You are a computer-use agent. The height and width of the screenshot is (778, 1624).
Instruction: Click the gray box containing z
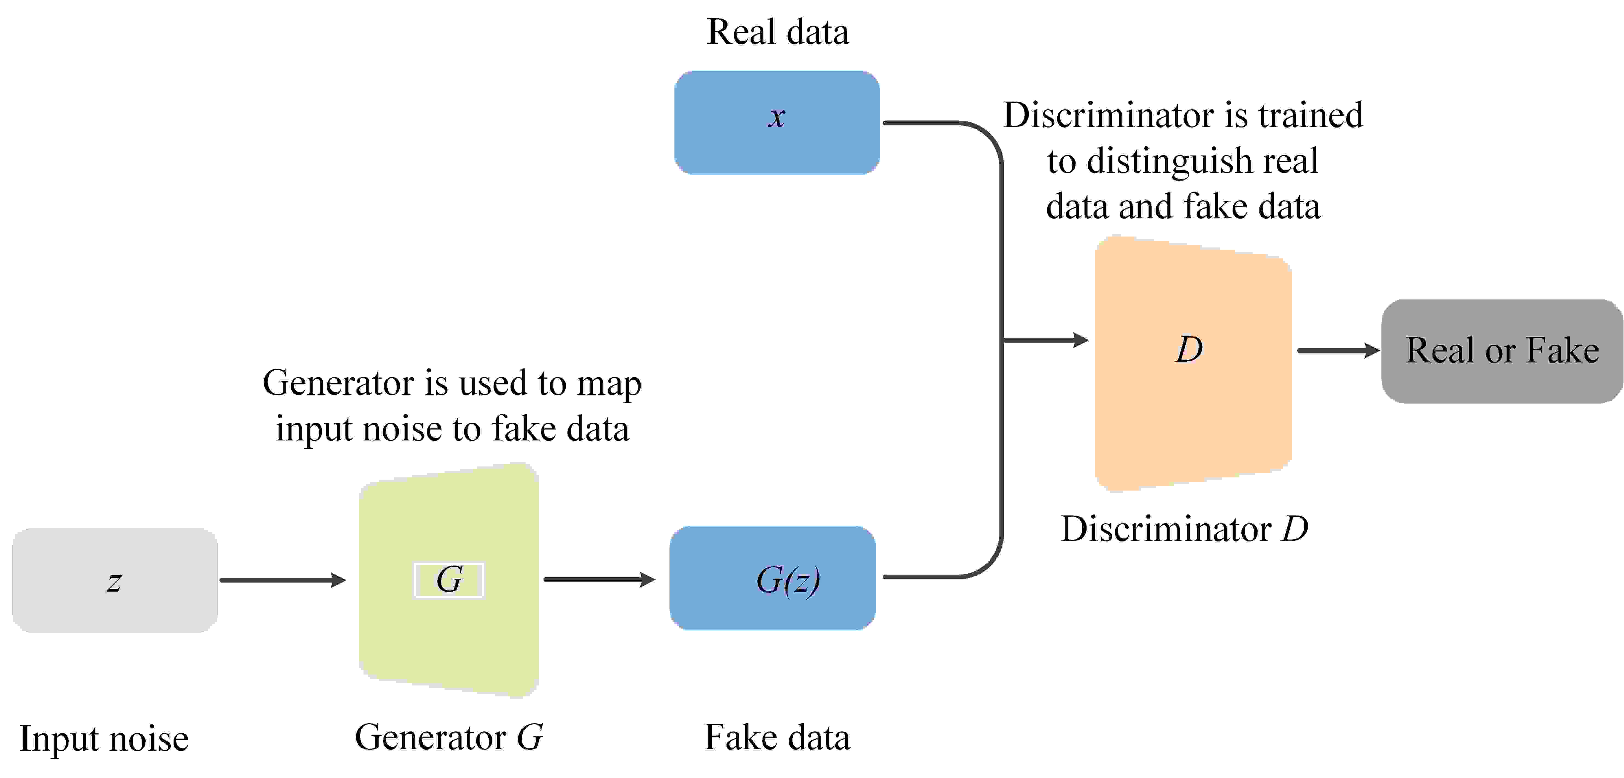click(x=115, y=580)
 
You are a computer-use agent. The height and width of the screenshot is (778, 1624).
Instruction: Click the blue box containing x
click(x=777, y=122)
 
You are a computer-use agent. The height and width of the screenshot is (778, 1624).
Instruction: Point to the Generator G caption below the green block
click(x=449, y=737)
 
